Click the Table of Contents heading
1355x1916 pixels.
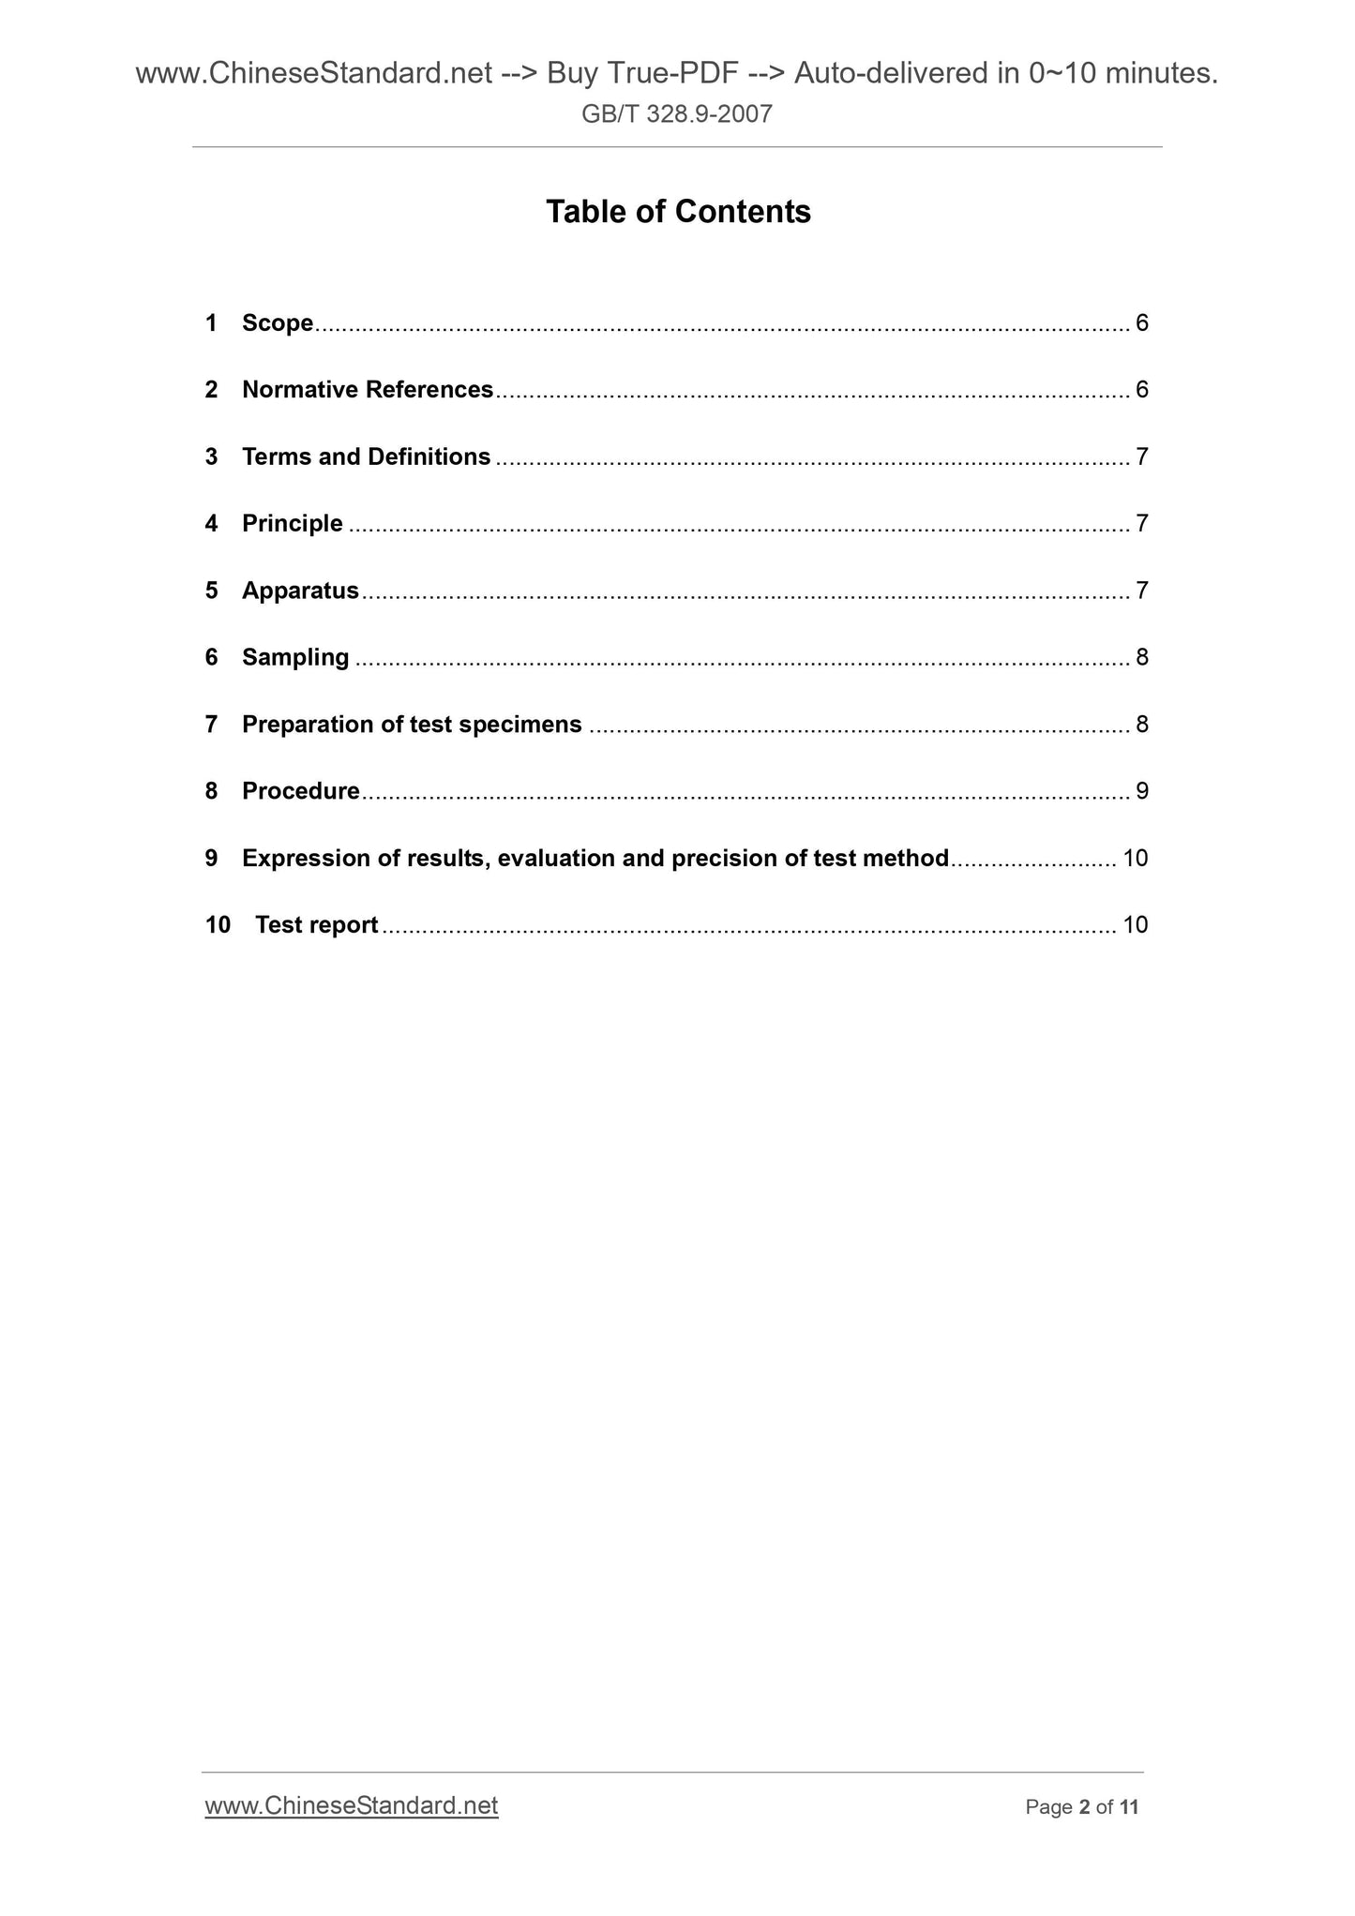pyautogui.click(x=677, y=212)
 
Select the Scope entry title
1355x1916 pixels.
pyautogui.click(x=277, y=323)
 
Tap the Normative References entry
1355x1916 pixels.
pyautogui.click(x=367, y=390)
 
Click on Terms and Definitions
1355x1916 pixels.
pyautogui.click(x=366, y=457)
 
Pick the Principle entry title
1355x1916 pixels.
pyautogui.click(x=292, y=523)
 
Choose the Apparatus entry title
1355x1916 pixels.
pyautogui.click(x=300, y=591)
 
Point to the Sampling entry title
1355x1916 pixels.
pyautogui.click(x=294, y=657)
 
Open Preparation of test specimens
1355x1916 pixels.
pyautogui.click(x=412, y=725)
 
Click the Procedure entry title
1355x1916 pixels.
pyautogui.click(x=300, y=791)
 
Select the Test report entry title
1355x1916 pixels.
pyautogui.click(x=316, y=925)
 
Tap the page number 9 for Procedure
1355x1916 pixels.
pyautogui.click(x=1141, y=791)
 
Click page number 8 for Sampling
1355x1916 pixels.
pyautogui.click(x=1141, y=657)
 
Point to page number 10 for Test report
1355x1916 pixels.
pyautogui.click(x=1135, y=925)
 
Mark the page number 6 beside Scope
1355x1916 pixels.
pyautogui.click(x=1141, y=323)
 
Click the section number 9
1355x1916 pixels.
pyautogui.click(x=211, y=859)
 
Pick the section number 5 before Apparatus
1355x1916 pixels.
pyautogui.click(x=211, y=591)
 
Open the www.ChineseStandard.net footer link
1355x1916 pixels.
pyautogui.click(x=351, y=1805)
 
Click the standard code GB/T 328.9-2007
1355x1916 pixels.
pyautogui.click(x=676, y=114)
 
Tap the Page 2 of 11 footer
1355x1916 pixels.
pyautogui.click(x=1081, y=1807)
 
